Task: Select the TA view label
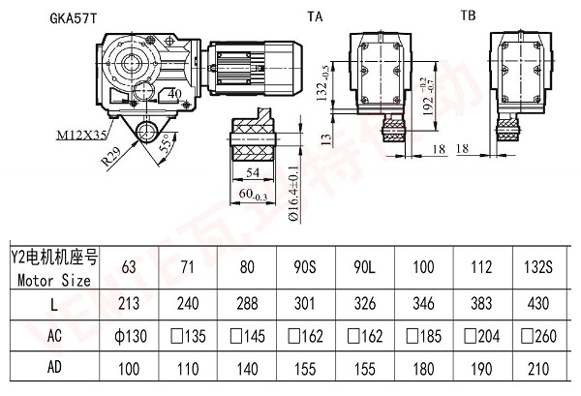[315, 16]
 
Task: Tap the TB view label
[468, 15]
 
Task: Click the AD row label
[53, 370]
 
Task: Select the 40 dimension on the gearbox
[173, 94]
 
